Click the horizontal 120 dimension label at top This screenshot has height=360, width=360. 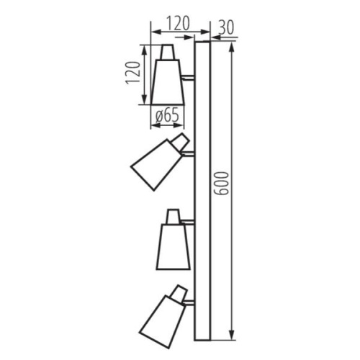pyautogui.click(x=177, y=23)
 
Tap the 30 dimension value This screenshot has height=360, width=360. pyautogui.click(x=226, y=27)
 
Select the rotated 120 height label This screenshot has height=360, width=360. pyautogui.click(x=132, y=73)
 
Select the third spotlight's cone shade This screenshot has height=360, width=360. pyautogui.click(x=173, y=246)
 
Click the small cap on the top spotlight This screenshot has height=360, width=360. pyautogui.click(x=167, y=52)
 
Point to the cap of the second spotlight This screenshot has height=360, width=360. pyautogui.click(x=180, y=141)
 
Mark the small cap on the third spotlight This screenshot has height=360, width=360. pyautogui.click(x=174, y=216)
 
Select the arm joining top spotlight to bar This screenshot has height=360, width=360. pyautogui.click(x=188, y=76)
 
